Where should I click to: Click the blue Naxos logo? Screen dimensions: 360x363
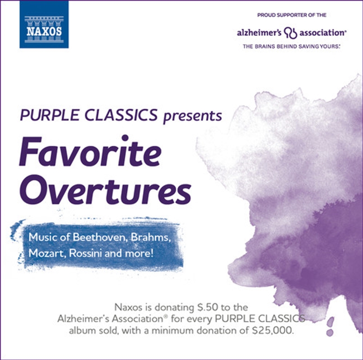44,24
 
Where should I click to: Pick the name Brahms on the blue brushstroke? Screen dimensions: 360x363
150,237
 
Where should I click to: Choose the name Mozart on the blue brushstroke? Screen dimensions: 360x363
45,252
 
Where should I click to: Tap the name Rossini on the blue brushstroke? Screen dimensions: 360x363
86,252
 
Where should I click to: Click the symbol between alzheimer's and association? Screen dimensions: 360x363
293,33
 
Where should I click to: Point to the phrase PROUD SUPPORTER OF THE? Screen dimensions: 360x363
291,15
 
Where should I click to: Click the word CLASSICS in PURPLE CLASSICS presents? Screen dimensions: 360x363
123,116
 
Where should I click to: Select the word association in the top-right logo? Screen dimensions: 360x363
323,33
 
